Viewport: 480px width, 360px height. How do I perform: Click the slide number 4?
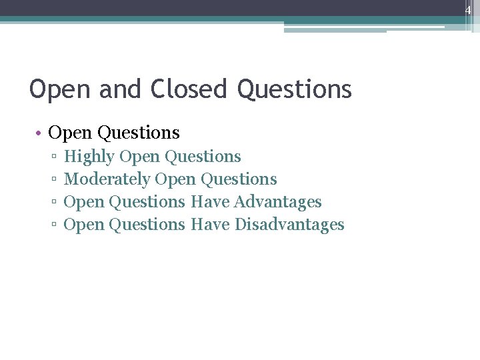click(x=468, y=9)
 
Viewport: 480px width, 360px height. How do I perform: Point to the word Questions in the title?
click(x=294, y=89)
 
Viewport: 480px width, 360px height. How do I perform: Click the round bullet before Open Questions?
click(x=40, y=133)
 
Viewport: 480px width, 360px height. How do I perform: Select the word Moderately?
click(x=107, y=179)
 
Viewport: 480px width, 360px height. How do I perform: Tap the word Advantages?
click(x=278, y=202)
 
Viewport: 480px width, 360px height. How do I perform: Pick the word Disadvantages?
click(x=289, y=225)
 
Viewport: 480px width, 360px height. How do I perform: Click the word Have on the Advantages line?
click(x=210, y=202)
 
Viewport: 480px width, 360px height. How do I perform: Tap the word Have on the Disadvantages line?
click(x=210, y=225)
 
